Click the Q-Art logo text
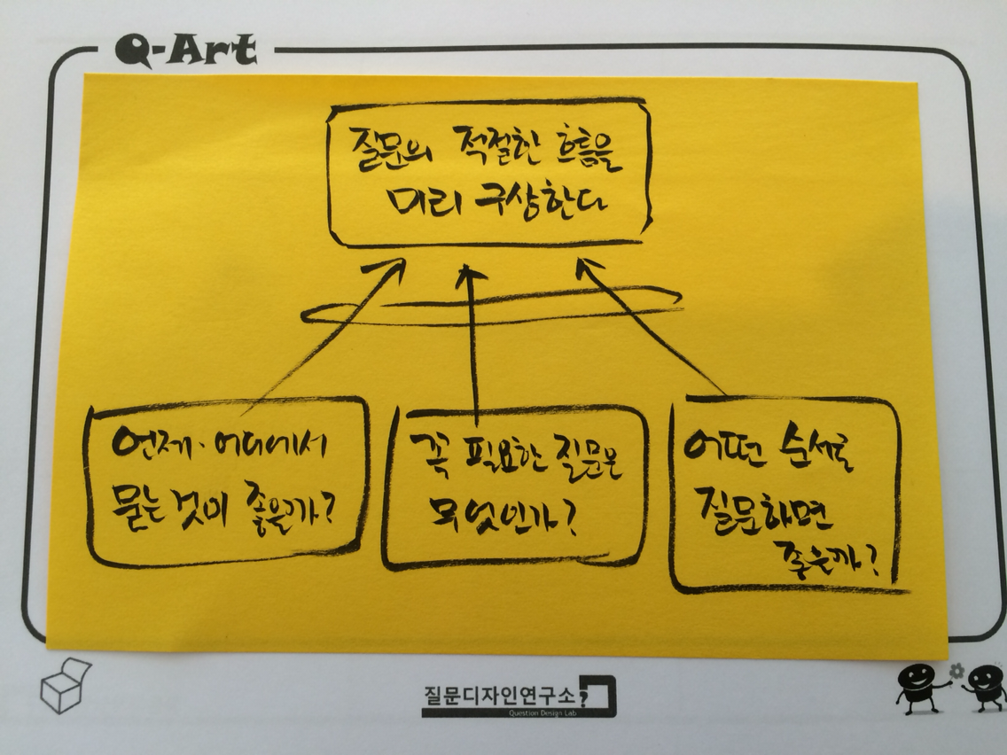click(x=185, y=50)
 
